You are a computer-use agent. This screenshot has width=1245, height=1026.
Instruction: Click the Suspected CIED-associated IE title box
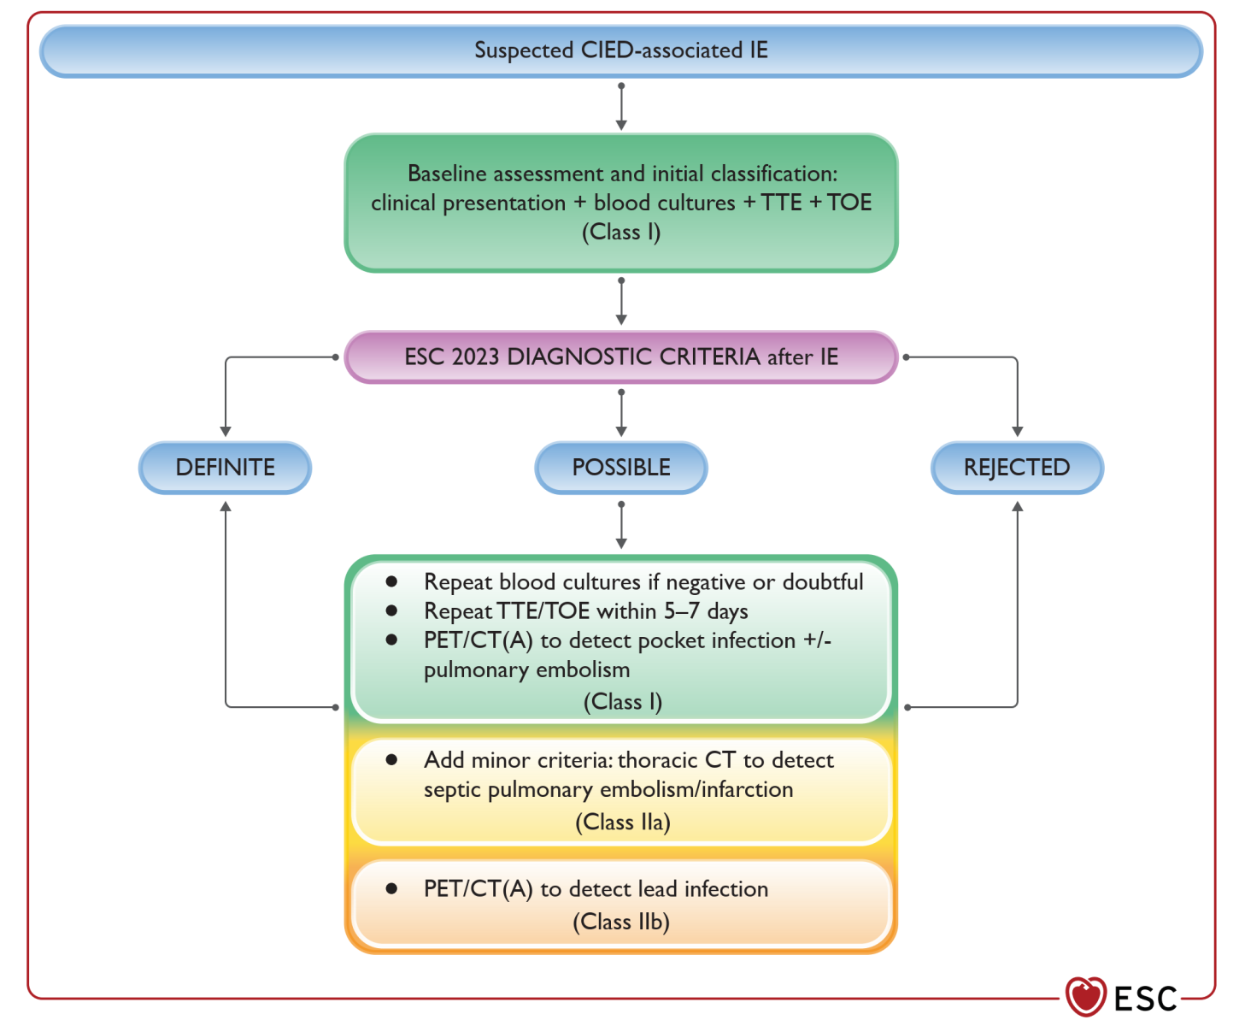pos(621,51)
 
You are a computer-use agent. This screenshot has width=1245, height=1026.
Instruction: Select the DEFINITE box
pos(226,468)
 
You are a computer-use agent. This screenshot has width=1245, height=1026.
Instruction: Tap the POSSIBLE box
pos(621,468)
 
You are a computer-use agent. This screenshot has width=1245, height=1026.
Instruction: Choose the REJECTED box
pos(1017,468)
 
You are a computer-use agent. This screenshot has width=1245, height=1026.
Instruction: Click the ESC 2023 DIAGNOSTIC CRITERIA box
pos(621,357)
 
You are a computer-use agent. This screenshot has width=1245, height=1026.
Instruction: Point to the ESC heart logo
pos(1085,997)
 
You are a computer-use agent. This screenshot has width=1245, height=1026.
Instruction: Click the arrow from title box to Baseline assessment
pos(621,107)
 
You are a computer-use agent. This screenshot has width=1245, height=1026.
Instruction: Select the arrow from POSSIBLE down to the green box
pos(621,525)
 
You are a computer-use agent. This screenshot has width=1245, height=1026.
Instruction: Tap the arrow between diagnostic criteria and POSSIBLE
pos(621,413)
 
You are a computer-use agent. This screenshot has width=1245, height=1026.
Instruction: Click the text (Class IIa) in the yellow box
pos(622,823)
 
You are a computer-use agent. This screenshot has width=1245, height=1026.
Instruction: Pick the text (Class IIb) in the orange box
pos(621,923)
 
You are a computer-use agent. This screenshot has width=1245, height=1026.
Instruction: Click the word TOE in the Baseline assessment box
pos(849,203)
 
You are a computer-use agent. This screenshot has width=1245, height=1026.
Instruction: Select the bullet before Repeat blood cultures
pos(391,581)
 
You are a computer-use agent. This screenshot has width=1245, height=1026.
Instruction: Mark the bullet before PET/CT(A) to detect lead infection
pos(391,888)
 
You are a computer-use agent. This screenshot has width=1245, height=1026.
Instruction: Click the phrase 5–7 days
pos(706,611)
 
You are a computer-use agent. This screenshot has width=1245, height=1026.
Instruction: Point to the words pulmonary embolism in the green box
pos(526,670)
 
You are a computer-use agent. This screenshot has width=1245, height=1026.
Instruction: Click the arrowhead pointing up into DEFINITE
pos(226,507)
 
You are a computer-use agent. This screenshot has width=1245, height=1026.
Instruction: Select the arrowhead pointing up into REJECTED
pos(1017,507)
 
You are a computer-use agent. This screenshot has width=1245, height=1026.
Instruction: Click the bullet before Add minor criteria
pos(391,759)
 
